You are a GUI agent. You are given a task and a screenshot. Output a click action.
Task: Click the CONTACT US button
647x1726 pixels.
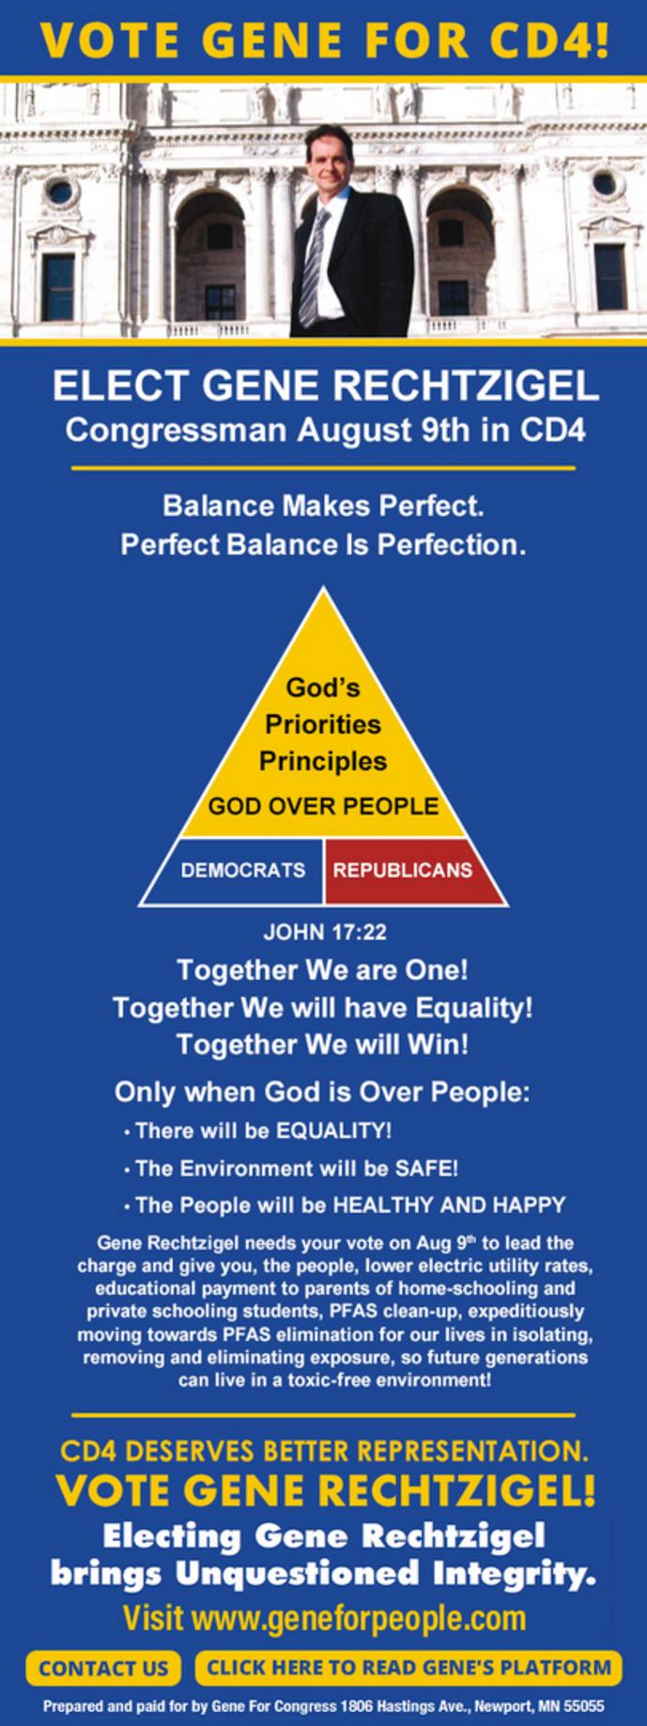pos(103,1668)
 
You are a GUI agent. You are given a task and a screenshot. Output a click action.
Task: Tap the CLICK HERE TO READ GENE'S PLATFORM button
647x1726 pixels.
pos(408,1668)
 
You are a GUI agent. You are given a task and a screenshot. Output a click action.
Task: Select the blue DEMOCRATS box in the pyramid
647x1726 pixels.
pos(242,871)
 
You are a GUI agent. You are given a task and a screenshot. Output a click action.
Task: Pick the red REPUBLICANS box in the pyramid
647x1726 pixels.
pos(404,871)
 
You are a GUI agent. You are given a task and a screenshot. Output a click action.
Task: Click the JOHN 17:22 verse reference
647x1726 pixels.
pos(324,932)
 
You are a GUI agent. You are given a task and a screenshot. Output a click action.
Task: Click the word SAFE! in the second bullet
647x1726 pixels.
pos(426,1168)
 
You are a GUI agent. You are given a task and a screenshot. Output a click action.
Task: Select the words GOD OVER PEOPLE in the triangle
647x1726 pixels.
pos(323,806)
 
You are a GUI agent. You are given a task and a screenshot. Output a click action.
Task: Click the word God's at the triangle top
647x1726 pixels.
pos(323,688)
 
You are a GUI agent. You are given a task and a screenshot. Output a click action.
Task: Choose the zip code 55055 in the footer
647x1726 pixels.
pos(583,1705)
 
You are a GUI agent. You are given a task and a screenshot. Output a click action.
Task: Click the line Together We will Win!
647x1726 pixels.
pos(323,1044)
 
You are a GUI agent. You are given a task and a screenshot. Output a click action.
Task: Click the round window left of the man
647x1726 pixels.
pos(60,193)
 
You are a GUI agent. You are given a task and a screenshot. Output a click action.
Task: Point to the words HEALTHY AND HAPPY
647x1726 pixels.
pos(450,1205)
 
